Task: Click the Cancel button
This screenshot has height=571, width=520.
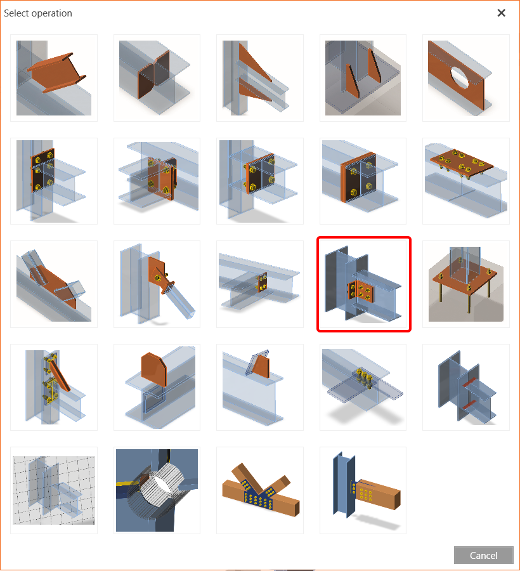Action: tap(483, 555)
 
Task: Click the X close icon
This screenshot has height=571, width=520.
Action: tap(501, 13)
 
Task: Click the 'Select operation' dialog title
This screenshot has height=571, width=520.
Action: tap(38, 13)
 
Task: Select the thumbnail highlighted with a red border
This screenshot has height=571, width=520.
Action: tap(364, 284)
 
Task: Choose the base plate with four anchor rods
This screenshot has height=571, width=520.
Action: tap(465, 284)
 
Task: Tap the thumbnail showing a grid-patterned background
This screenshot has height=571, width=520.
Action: tap(54, 490)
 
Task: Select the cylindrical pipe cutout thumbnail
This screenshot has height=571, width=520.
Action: tap(157, 490)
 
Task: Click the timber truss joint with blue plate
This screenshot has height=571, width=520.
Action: tap(260, 490)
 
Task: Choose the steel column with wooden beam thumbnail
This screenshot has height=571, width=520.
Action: tap(363, 490)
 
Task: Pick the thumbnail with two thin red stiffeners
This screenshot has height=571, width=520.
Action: tap(465, 387)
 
